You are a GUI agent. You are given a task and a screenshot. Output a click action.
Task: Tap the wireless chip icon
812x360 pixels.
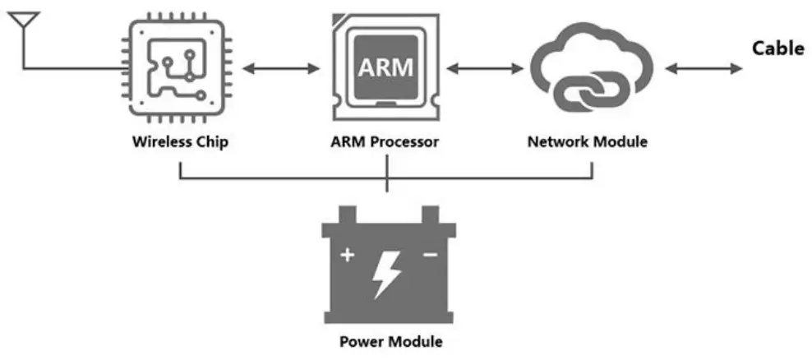(177, 68)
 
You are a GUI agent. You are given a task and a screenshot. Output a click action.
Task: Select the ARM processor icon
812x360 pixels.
(385, 67)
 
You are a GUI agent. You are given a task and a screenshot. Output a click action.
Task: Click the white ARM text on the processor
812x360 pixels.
(385, 67)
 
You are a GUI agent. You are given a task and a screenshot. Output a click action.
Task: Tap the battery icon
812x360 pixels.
(389, 265)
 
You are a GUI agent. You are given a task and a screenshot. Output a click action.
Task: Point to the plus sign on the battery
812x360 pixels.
(347, 255)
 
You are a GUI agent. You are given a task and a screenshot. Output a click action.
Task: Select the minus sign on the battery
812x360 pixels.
(431, 254)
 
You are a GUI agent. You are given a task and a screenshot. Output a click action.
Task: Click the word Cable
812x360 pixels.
(778, 48)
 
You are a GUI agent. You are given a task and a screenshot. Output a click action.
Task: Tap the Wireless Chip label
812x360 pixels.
(180, 142)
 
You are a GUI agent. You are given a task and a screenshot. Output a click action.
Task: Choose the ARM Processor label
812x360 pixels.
(385, 142)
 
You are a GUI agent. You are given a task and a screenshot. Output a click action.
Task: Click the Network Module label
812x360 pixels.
(588, 141)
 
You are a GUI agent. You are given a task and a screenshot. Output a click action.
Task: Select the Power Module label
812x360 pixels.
(391, 342)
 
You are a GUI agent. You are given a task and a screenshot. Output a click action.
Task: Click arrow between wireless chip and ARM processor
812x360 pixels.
(281, 68)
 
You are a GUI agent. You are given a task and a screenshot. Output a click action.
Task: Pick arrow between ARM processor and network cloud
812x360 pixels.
(485, 68)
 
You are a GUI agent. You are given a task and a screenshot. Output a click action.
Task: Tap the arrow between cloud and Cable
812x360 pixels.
(704, 68)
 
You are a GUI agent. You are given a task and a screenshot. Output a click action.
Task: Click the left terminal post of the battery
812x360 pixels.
(348, 215)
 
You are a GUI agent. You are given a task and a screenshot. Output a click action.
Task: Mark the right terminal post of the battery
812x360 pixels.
(431, 215)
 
